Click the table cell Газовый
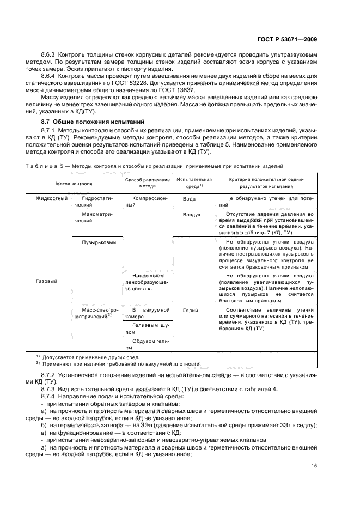(46, 281)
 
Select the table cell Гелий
(191, 309)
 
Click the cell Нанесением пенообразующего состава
(146, 283)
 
